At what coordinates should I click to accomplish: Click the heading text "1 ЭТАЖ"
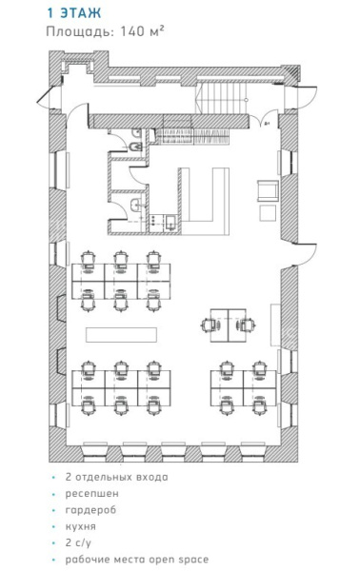[74, 13]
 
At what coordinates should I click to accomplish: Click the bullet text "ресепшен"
[91, 493]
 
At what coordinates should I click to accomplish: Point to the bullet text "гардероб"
[90, 510]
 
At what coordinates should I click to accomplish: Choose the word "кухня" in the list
[81, 526]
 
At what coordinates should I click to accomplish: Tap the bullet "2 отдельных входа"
[116, 477]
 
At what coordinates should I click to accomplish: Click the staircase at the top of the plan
[221, 98]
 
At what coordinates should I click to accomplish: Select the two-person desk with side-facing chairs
[229, 325]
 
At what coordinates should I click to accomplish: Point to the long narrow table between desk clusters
[121, 335]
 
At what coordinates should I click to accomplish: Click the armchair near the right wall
[269, 190]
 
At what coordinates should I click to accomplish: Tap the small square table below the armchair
[268, 212]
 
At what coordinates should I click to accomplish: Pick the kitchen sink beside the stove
[170, 223]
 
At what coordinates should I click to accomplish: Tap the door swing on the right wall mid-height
[305, 254]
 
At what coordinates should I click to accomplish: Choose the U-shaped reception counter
[205, 201]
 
